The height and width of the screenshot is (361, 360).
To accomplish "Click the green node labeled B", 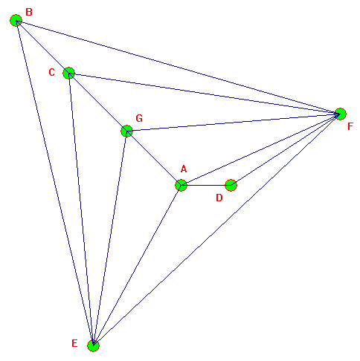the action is click(16, 20).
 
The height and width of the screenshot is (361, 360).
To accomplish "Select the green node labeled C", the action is click(69, 73).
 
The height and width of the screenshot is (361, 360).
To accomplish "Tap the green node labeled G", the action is click(126, 131).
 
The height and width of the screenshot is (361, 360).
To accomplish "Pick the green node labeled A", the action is click(181, 185).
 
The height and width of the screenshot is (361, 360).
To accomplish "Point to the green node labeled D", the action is click(231, 185).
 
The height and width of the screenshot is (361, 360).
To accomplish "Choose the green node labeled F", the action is click(341, 114).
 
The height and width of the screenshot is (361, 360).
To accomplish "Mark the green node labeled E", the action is click(93, 345).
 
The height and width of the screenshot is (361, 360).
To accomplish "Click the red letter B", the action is click(29, 12).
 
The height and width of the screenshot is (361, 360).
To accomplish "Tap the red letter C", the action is click(51, 73).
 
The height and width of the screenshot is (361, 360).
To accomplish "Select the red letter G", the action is click(139, 118).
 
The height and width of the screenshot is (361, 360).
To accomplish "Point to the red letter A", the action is click(184, 169).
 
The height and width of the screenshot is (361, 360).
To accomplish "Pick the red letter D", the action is click(219, 198).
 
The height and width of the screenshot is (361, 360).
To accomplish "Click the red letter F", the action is click(350, 126).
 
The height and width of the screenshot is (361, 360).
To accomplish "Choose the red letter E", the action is click(74, 343).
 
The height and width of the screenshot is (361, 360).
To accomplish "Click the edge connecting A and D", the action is click(206, 185).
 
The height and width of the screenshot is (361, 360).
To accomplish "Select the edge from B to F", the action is click(179, 68).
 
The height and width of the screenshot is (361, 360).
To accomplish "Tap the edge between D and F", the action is click(286, 150).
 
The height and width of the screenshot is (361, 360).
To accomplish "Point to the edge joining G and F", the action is click(234, 123).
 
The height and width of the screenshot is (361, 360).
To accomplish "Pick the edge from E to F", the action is click(217, 230).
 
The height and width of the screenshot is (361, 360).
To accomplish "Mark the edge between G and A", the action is click(154, 158).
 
